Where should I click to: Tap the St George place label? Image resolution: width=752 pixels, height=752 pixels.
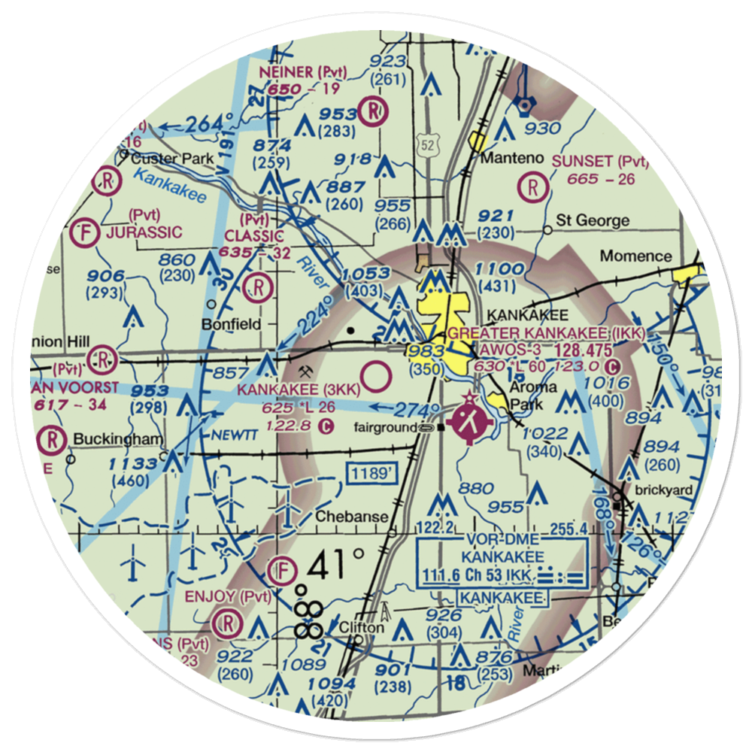[593, 221]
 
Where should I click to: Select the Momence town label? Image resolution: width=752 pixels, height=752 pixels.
[636, 256]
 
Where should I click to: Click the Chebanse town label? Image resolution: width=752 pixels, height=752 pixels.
[352, 517]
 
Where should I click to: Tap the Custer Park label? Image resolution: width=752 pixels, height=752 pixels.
[172, 159]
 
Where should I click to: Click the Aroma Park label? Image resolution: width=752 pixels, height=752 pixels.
[532, 394]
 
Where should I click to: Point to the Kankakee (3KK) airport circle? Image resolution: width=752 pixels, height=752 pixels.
[376, 374]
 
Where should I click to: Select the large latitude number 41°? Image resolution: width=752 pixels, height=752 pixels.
[336, 562]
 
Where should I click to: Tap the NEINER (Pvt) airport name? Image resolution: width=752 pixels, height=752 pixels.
[300, 72]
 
